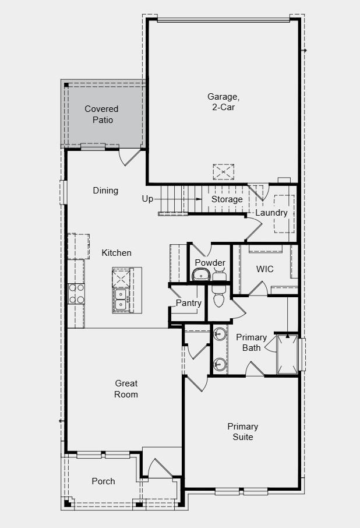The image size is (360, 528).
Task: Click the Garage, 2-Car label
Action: click(x=223, y=102)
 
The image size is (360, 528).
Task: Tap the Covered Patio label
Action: click(x=101, y=114)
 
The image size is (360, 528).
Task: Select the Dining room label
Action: click(x=105, y=191)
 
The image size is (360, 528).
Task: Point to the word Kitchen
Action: click(x=117, y=253)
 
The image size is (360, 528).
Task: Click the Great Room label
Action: click(x=126, y=389)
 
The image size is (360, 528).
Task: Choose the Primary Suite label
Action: click(x=243, y=431)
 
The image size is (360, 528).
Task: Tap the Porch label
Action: click(x=103, y=481)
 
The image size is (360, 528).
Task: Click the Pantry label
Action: click(x=189, y=303)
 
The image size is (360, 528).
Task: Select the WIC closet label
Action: click(x=265, y=269)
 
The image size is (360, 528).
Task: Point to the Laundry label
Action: click(x=271, y=213)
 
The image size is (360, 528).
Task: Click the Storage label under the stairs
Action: click(x=227, y=199)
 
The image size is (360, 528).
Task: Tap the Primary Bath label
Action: click(x=252, y=343)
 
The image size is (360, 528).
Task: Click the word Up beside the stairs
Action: click(x=147, y=199)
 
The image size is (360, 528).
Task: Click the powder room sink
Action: click(x=202, y=275)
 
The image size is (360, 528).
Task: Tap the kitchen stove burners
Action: click(x=76, y=293)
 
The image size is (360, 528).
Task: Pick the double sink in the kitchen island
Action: click(x=121, y=300)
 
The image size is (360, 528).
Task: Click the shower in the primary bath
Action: click(x=288, y=354)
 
